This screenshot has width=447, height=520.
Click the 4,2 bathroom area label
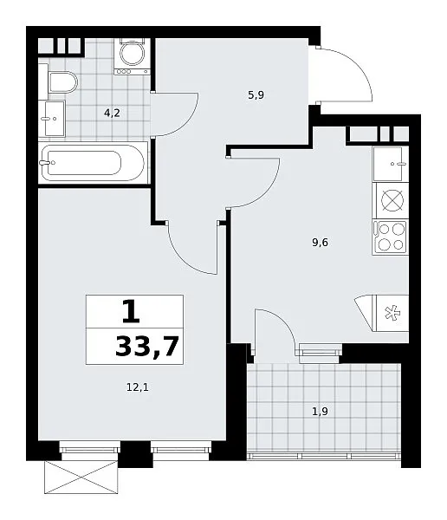click(112, 113)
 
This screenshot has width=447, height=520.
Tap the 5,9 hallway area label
click(256, 95)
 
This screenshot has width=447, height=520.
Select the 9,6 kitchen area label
click(320, 243)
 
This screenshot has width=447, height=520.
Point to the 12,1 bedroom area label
click(138, 387)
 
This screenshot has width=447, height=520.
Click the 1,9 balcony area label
click(320, 411)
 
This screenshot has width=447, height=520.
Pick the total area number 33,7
click(147, 346)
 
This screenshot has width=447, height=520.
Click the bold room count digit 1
click(131, 311)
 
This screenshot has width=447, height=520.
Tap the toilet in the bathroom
click(62, 82)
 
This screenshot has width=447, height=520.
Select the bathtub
click(94, 163)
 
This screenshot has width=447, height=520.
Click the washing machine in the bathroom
click(132, 56)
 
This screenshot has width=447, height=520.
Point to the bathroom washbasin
click(52, 119)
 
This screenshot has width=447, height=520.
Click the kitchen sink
click(391, 164)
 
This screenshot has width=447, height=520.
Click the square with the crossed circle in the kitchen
click(391, 201)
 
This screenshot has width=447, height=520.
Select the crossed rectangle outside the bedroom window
click(81, 478)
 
